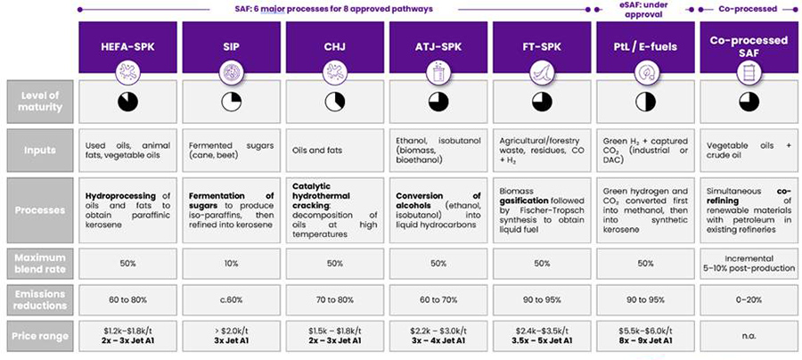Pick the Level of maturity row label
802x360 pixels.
[37, 101]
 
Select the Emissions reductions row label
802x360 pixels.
[37, 299]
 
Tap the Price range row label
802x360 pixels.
[37, 337]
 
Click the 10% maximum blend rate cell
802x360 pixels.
[231, 265]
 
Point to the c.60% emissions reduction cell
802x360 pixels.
[231, 299]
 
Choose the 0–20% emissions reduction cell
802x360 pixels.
[748, 299]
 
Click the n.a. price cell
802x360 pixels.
[748, 337]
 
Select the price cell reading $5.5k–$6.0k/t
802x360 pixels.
[644, 331]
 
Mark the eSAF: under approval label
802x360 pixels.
[644, 10]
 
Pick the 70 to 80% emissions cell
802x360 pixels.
[334, 299]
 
